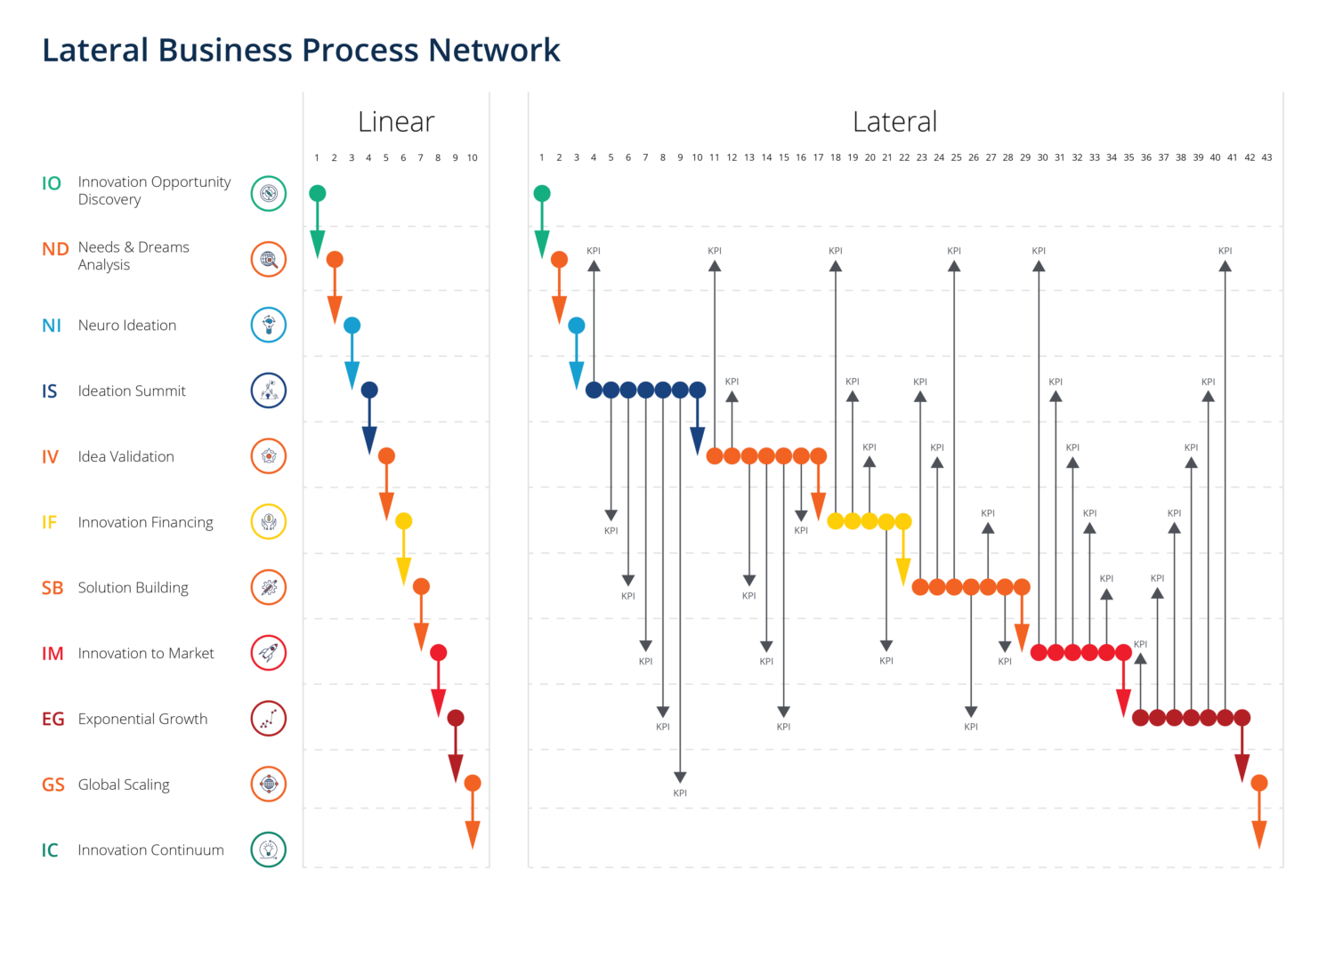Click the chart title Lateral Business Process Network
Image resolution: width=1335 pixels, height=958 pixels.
point(301,50)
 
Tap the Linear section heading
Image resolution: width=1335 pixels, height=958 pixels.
point(396,122)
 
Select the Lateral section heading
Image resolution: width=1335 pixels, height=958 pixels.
point(894,122)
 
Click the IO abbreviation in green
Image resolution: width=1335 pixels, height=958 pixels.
point(52,183)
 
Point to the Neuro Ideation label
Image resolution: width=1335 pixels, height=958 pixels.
point(127,326)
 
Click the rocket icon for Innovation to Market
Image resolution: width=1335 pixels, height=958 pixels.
point(268,653)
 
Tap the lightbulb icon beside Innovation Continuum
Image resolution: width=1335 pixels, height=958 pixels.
point(268,849)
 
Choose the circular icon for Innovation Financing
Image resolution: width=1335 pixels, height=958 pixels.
point(268,522)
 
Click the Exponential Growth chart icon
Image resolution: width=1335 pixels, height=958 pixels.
point(268,719)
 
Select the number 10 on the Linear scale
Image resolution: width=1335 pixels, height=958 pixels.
point(472,157)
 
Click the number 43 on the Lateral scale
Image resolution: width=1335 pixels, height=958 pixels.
point(1266,157)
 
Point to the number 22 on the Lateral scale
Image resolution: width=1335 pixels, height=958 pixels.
point(904,157)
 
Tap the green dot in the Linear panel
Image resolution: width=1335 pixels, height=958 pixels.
point(318,194)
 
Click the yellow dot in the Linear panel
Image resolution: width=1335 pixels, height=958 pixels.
point(403,521)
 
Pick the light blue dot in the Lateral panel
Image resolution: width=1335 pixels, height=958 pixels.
point(577,326)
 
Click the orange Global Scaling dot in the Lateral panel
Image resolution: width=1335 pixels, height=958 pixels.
point(1258,783)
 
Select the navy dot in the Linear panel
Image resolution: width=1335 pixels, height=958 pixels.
point(369,390)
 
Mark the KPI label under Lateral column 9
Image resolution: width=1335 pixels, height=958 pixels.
point(680,793)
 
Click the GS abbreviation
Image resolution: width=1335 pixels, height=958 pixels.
point(53,785)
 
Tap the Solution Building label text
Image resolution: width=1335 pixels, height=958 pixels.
point(133,588)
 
